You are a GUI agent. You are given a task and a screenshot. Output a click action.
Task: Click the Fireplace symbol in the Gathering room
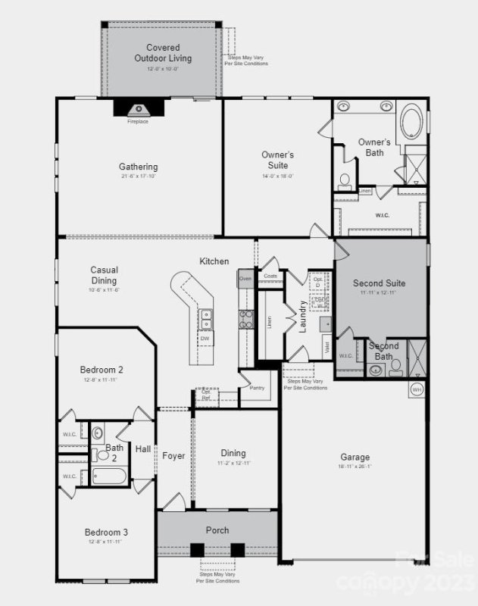(138, 108)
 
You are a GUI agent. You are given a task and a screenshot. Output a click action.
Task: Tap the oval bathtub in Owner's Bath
(413, 121)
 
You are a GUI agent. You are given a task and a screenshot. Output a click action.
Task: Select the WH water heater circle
(417, 389)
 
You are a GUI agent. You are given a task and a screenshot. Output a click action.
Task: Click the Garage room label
(355, 457)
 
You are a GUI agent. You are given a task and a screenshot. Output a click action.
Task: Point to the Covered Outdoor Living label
(163, 53)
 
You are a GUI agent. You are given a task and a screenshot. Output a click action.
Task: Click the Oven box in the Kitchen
(245, 279)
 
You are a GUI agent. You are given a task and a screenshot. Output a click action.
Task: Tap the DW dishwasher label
(205, 339)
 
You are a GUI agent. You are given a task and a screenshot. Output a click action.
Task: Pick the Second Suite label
(379, 283)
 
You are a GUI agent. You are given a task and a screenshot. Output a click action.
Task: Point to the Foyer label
(173, 455)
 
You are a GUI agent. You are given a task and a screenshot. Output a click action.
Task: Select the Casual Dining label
(104, 275)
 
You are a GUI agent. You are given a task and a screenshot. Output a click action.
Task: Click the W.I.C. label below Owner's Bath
(383, 215)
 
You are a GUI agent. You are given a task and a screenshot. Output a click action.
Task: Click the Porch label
(217, 529)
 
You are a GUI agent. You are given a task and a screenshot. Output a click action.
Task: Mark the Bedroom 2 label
(102, 370)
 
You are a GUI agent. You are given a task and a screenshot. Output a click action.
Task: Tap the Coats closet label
(270, 276)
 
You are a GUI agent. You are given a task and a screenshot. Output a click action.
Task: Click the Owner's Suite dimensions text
(277, 176)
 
